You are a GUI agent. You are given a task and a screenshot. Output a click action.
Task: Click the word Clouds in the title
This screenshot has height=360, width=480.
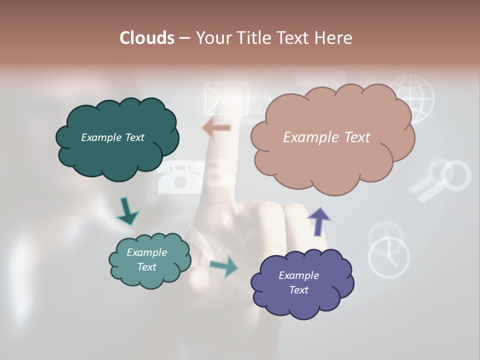point(147,38)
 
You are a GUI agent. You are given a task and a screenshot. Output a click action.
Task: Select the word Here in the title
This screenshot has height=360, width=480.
point(333,38)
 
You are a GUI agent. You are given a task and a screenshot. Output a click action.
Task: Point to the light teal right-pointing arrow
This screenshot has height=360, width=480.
point(224,266)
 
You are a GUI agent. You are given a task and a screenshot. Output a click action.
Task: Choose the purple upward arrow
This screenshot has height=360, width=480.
point(319,221)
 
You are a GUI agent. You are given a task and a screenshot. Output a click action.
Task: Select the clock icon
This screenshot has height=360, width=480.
point(389,256)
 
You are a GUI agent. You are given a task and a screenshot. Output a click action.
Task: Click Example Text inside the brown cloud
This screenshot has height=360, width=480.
point(326,137)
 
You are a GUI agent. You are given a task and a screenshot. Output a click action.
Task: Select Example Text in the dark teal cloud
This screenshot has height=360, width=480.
point(112,137)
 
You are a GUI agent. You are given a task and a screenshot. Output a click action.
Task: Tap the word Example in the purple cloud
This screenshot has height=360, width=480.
point(298,275)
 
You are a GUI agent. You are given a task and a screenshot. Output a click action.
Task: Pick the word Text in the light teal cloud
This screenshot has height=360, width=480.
point(146,267)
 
